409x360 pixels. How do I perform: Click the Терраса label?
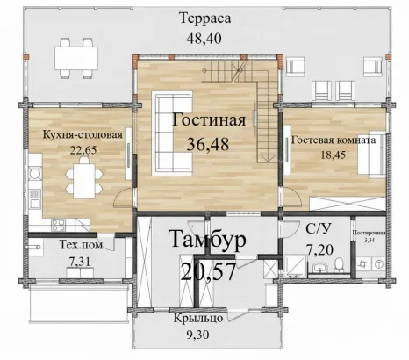(205, 18)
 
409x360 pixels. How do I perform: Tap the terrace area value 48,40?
(204, 39)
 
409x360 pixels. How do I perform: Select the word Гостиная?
(209, 120)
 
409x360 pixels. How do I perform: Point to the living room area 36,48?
(208, 144)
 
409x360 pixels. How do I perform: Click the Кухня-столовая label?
(83, 135)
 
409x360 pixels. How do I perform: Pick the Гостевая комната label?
(334, 140)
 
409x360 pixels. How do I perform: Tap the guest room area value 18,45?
(334, 155)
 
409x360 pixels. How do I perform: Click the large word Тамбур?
(208, 239)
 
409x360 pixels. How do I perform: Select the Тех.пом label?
(81, 245)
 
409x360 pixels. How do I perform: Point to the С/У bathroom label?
(319, 229)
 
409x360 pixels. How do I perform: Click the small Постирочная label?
(369, 234)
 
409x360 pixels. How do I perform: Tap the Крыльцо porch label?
(198, 319)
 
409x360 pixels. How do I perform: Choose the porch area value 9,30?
(198, 335)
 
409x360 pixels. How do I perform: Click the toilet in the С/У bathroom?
(340, 264)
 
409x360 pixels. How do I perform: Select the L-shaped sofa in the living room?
(172, 133)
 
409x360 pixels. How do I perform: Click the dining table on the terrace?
(76, 58)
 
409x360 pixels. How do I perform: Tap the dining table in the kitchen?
(84, 181)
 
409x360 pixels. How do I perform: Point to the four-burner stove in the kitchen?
(59, 225)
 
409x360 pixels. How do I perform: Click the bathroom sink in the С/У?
(319, 267)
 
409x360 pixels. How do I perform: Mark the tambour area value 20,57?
(208, 272)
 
